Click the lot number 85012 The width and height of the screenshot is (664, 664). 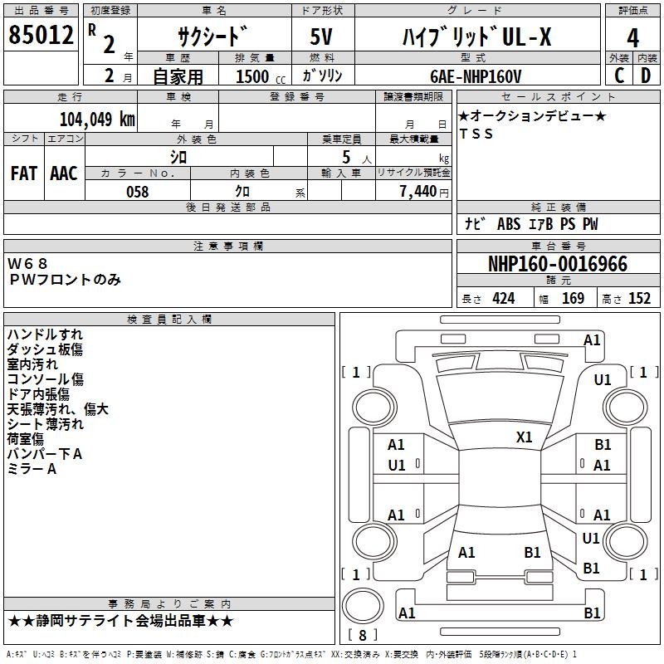point(40,36)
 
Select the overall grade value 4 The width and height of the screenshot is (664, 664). point(632,37)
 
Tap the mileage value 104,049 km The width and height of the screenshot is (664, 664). point(97,119)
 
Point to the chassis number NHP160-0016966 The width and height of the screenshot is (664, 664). point(558,265)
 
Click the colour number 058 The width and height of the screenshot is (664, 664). point(137,192)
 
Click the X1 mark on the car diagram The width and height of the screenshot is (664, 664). point(525,437)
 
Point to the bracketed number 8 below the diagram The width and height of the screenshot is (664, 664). point(363,635)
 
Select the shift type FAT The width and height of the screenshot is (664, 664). point(24,173)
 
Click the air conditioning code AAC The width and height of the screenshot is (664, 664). point(64,173)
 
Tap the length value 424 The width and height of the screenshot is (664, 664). point(503,299)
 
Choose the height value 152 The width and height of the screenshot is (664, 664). point(639,299)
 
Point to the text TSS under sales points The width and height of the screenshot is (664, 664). point(476,134)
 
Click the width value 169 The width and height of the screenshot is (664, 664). point(573,299)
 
